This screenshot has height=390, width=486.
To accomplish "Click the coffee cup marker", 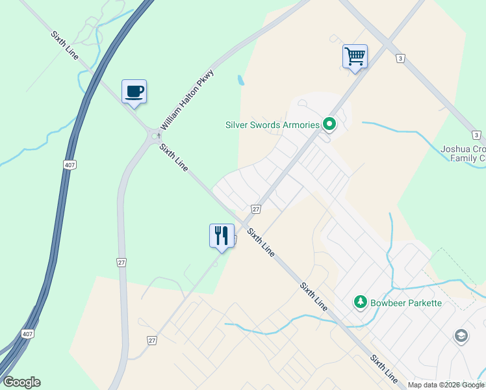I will point(134,91).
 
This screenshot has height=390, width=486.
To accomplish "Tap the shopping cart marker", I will point(355,56).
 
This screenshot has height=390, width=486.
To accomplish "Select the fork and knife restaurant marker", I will point(222,235).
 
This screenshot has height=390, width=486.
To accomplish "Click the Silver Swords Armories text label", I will point(272,125).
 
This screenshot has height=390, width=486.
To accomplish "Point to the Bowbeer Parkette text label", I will point(405,303).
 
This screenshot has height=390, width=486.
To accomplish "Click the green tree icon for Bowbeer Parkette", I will point(360,302).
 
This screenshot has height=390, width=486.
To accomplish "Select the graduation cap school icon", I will point(461,336).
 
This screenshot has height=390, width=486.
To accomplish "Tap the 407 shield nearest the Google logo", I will point(27,333).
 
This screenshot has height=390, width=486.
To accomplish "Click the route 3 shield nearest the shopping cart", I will point(400,58).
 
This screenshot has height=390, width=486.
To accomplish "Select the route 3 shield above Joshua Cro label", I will point(476,135).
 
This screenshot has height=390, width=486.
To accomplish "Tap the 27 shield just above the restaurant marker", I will point(256,209).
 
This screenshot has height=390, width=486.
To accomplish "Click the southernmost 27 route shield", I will point(151,340).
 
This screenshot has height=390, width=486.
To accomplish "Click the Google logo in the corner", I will point(21,382).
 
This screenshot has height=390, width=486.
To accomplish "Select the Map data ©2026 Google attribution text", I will point(446,385).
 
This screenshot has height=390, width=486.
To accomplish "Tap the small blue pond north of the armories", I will point(241,81).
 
